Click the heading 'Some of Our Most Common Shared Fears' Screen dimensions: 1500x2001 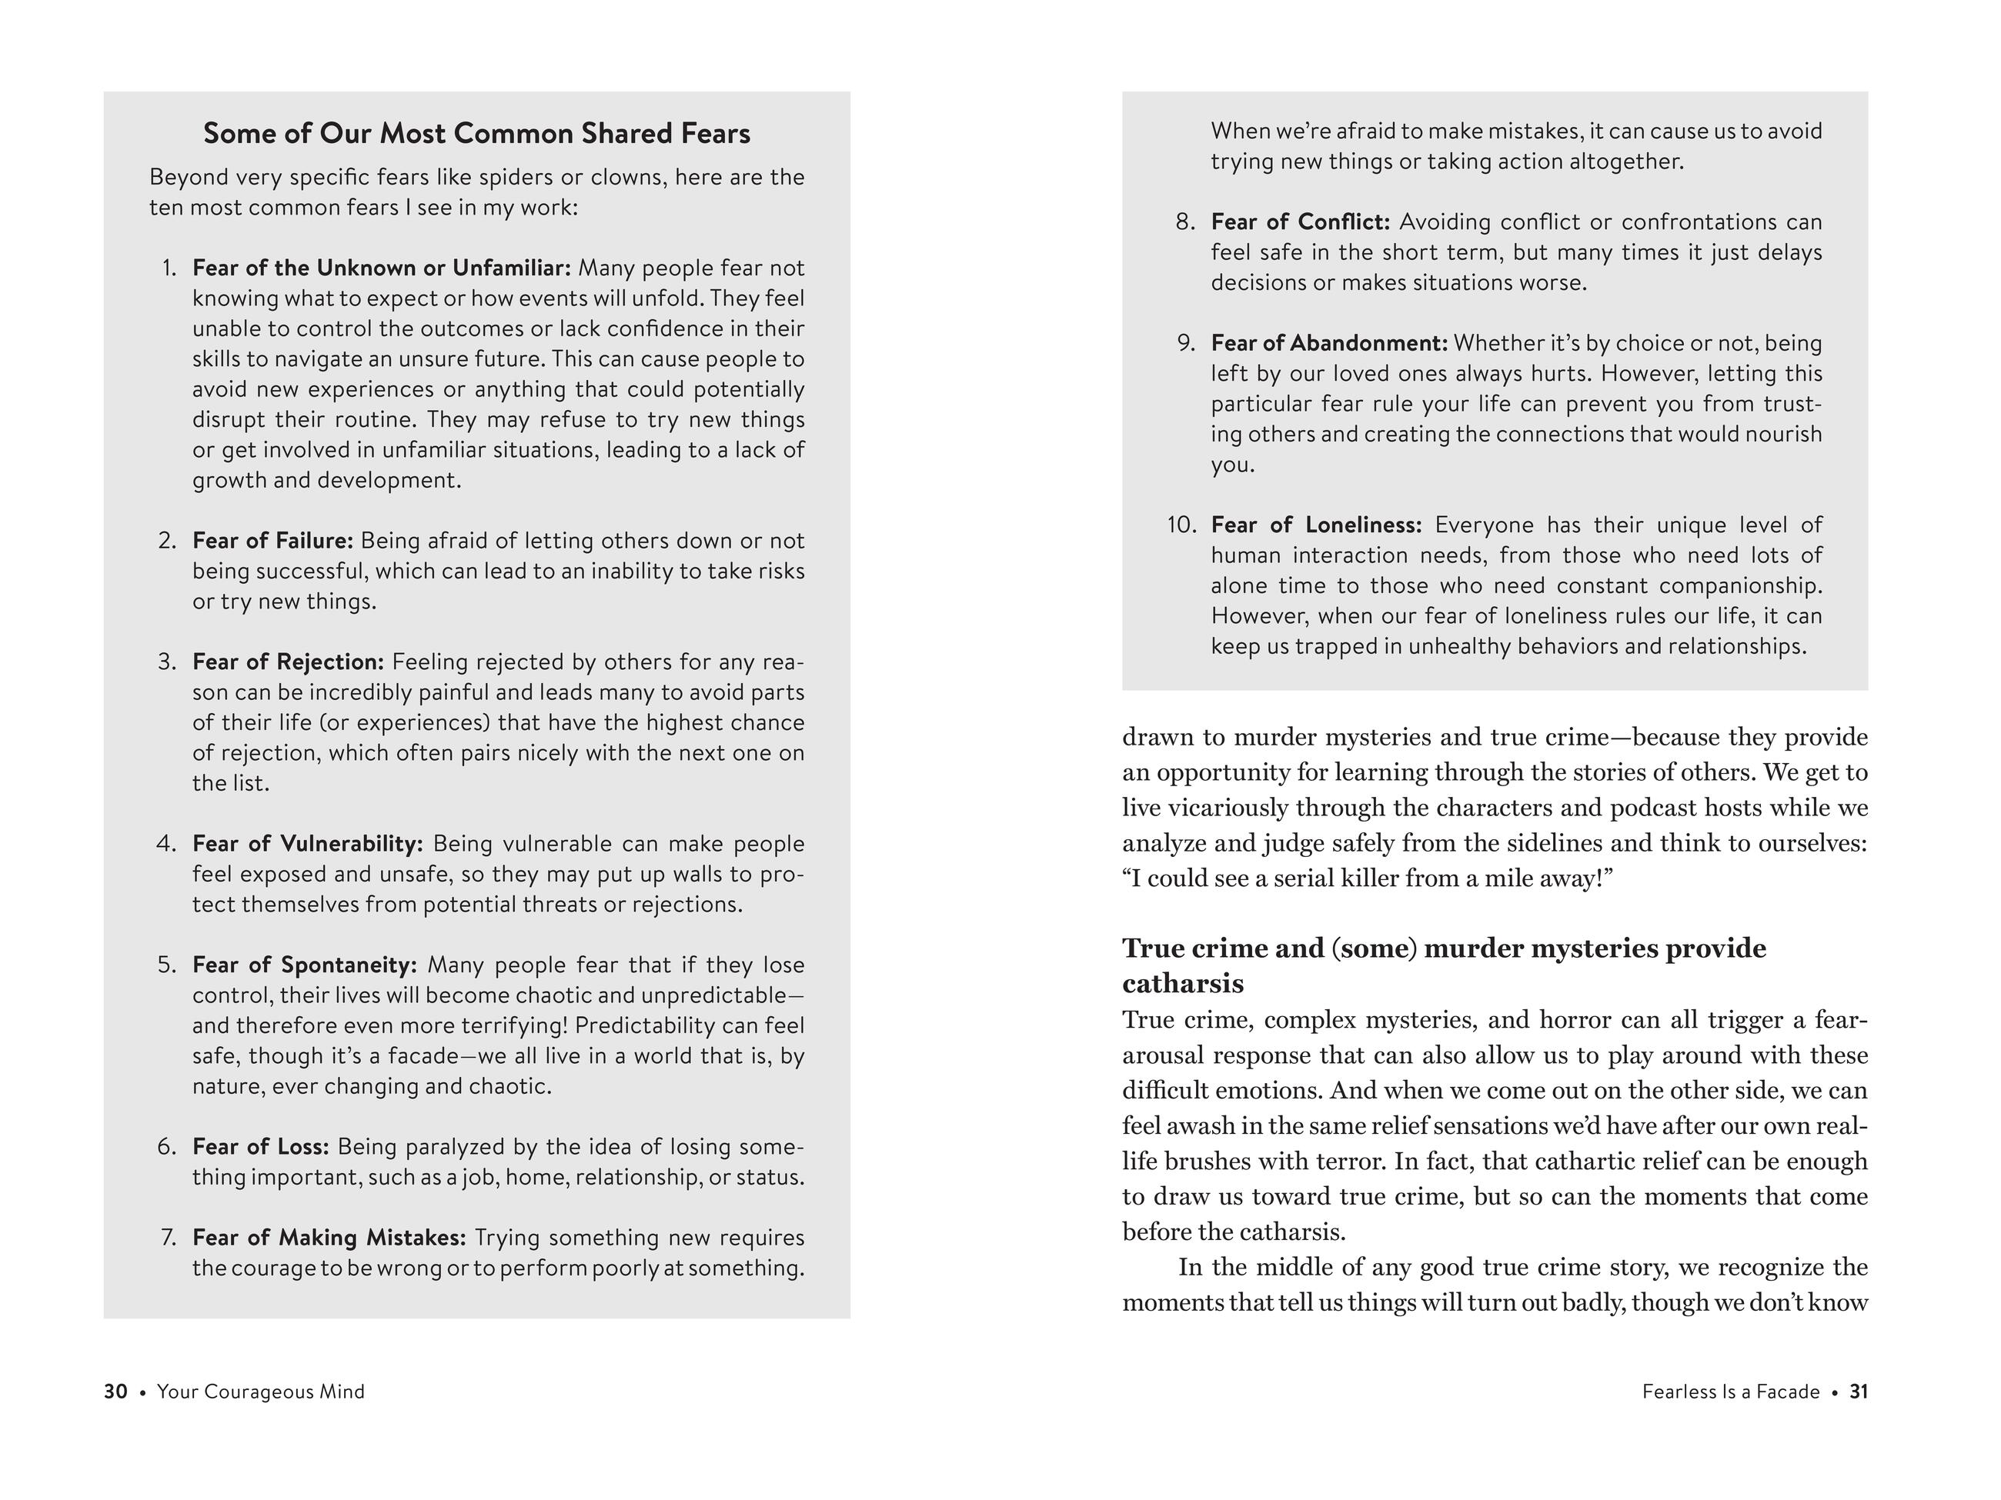[476, 134]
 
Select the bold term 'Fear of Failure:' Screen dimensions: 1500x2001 [272, 541]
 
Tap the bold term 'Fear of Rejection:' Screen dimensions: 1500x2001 [288, 662]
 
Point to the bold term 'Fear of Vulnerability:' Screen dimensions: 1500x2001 [308, 844]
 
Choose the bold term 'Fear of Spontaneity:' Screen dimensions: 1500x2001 [304, 965]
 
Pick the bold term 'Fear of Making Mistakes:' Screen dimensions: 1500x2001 [329, 1237]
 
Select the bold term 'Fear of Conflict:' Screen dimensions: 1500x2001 [1300, 222]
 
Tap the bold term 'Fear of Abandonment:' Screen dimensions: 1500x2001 [1329, 342]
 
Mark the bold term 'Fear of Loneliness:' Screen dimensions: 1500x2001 [1316, 525]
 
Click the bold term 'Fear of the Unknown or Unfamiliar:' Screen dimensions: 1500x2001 [382, 268]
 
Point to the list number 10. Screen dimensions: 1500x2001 [1181, 525]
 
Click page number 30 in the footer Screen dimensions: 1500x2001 [115, 1392]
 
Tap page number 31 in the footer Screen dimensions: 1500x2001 [1858, 1392]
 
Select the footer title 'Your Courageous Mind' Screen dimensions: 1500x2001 [261, 1392]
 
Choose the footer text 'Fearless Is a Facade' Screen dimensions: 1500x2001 [1731, 1392]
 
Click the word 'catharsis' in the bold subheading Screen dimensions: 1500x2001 [1182, 984]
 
